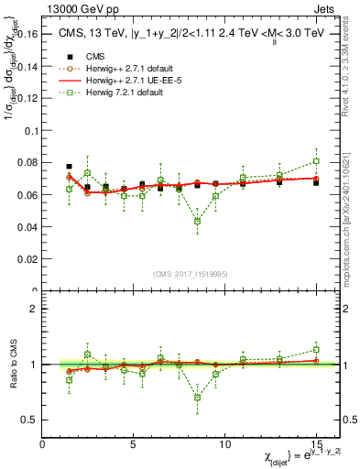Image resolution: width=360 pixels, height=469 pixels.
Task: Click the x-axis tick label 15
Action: pos(315,443)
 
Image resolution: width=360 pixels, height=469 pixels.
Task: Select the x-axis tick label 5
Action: pos(134,443)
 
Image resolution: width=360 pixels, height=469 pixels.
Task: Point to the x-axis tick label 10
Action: pos(224,443)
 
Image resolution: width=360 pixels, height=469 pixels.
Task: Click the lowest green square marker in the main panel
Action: pos(197,221)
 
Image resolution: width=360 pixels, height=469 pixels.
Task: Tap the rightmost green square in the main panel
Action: pos(315,161)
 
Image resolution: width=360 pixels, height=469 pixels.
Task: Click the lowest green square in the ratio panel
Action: pos(197,398)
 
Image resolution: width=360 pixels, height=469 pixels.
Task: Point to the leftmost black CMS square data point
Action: pos(70,167)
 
